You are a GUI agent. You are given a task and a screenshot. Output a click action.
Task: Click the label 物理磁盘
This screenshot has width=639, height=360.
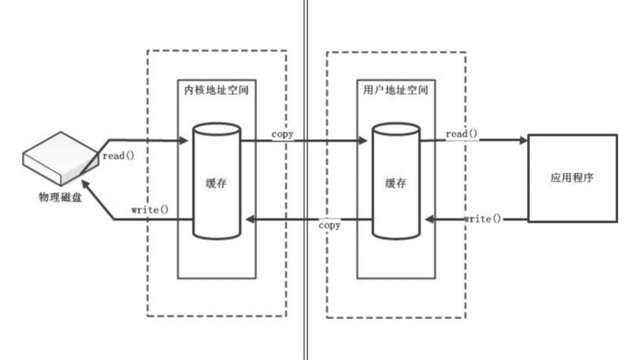60,196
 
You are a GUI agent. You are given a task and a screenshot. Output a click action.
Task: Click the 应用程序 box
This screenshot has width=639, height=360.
572,178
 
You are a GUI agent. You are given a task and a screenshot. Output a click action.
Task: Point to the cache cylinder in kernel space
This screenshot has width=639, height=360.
217,182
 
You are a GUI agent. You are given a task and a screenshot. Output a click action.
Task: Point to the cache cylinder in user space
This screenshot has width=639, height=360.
396,182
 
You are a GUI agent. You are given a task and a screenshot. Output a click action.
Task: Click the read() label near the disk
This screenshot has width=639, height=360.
118,155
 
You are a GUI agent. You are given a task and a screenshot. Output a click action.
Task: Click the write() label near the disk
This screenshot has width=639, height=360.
150,209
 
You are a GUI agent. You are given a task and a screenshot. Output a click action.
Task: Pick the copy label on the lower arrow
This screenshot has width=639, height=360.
330,225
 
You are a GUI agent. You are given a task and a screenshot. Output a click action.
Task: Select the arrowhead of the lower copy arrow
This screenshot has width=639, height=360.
252,220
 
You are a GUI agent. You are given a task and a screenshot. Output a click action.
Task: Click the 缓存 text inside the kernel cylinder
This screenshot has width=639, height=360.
217,183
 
